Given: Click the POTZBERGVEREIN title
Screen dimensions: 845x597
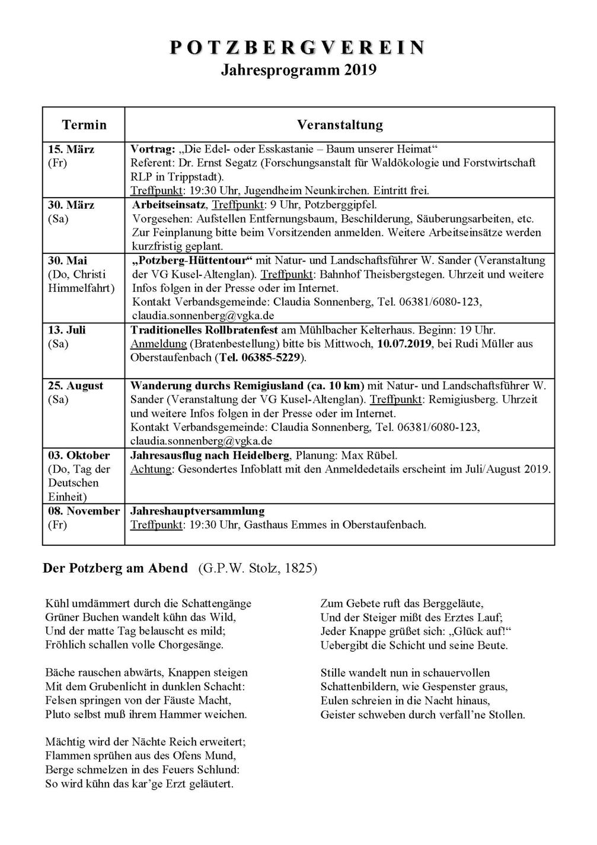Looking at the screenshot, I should click(x=298, y=48).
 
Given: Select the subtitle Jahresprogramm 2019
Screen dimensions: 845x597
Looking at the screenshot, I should click(x=298, y=71).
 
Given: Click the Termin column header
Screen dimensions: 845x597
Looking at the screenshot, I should click(x=84, y=125).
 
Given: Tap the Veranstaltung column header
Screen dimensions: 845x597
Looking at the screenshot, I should click(x=340, y=125).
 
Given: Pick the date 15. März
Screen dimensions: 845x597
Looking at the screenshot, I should click(x=71, y=149).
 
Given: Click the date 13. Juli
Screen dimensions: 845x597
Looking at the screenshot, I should click(x=66, y=330).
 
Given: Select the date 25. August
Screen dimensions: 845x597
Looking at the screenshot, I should click(x=75, y=386).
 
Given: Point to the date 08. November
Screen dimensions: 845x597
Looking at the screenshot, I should click(x=84, y=511).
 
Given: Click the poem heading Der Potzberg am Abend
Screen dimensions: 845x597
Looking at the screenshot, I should click(x=116, y=568).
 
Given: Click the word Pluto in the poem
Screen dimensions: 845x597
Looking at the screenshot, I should click(x=57, y=714).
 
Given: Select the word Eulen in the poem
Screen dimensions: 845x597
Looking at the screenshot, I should click(x=334, y=701).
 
